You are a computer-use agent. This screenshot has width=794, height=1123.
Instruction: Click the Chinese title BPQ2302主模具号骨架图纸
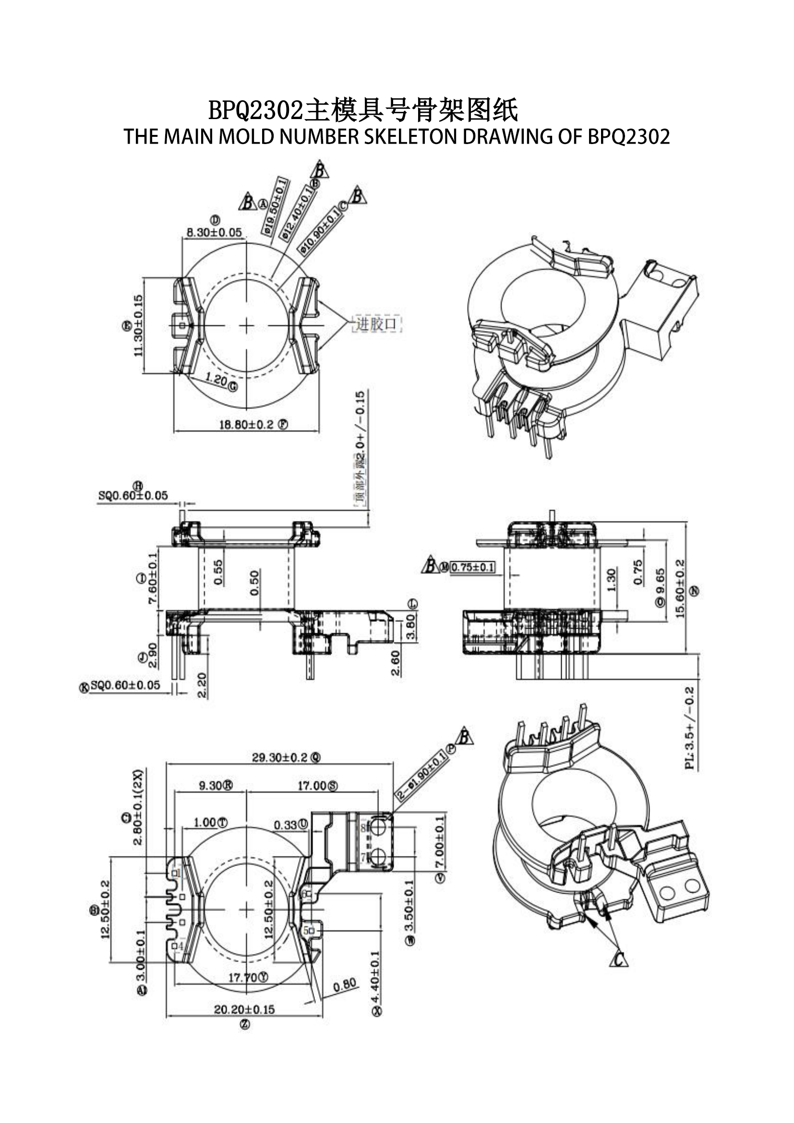[x=363, y=110]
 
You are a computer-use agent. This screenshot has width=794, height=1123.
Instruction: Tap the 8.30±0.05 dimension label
[x=214, y=232]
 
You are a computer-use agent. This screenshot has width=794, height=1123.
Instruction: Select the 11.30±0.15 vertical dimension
[x=138, y=325]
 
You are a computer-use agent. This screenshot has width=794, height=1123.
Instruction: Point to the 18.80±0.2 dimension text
[x=246, y=424]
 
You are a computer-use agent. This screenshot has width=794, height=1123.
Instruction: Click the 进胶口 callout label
[x=376, y=324]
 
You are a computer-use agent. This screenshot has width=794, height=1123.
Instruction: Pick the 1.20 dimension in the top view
[x=216, y=379]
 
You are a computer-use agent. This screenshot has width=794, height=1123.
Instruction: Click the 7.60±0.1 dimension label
[x=153, y=579]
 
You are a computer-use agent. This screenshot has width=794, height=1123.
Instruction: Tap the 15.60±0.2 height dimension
[x=680, y=589]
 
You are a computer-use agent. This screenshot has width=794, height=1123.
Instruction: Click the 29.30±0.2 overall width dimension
[x=280, y=758]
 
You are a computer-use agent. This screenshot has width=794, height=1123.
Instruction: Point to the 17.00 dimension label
[x=312, y=785]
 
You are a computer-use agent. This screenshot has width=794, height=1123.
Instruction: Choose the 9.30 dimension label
[x=210, y=785]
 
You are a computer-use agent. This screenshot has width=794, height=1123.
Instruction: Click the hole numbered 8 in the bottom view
[x=378, y=828]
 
